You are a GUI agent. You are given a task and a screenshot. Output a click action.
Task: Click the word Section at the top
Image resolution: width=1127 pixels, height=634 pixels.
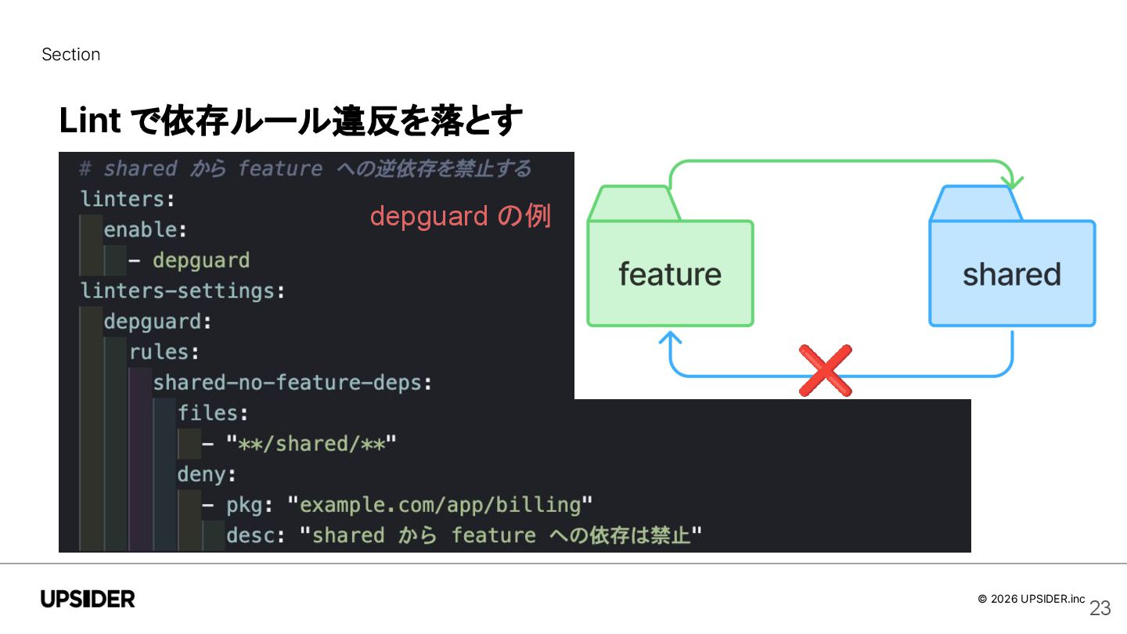[70, 55]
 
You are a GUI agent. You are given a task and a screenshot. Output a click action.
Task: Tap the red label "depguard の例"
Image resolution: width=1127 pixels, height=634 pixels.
[460, 216]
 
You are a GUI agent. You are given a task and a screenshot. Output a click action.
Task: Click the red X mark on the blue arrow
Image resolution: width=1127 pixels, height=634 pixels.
[825, 370]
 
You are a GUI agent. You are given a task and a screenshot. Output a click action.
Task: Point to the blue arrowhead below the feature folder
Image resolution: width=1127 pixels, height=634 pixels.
[670, 338]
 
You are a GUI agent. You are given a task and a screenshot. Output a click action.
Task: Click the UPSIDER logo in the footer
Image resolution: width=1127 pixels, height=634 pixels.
[88, 600]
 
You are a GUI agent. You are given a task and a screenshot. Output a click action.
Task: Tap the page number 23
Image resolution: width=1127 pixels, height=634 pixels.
[1100, 608]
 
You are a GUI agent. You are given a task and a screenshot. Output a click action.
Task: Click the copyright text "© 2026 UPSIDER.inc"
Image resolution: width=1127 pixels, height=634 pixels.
[1032, 599]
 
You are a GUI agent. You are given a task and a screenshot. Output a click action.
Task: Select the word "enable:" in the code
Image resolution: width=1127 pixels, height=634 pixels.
[146, 230]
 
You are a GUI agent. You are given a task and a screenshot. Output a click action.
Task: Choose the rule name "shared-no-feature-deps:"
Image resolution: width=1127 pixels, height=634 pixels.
[293, 383]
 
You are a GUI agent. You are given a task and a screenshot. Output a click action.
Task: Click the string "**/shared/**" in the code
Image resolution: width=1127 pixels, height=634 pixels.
[311, 444]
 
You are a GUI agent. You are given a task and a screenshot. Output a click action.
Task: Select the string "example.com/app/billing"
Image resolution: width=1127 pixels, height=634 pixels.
[441, 505]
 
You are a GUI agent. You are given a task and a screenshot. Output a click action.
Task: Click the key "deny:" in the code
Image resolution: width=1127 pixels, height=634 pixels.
[207, 474]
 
